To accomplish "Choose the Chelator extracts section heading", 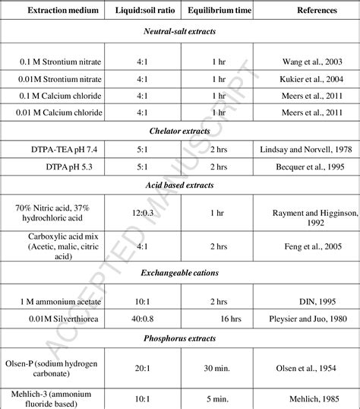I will pyautogui.click(x=179, y=128).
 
